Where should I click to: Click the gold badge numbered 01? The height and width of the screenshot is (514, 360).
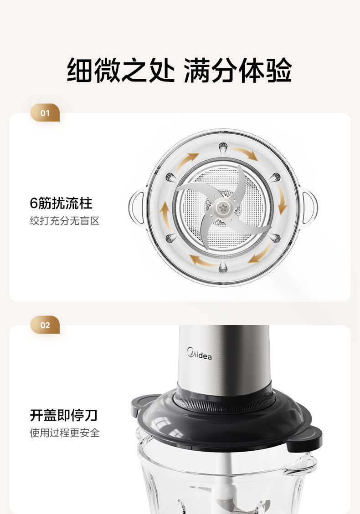point(45,113)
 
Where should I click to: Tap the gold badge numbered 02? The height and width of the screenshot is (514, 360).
point(45,325)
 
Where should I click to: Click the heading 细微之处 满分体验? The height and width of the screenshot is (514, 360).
point(179,70)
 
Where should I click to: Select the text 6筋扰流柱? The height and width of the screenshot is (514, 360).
point(61,203)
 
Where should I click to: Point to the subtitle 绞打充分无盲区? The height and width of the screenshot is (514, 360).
point(65,221)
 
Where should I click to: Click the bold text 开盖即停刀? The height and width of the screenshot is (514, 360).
point(64,415)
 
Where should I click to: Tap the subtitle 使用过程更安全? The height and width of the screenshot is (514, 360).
point(65,433)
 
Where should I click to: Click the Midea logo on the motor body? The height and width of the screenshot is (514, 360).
point(199,354)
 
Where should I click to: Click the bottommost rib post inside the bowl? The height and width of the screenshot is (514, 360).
point(223,268)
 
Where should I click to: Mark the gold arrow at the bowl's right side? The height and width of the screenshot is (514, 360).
point(282,200)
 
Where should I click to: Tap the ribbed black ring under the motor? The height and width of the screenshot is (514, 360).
point(225,398)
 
